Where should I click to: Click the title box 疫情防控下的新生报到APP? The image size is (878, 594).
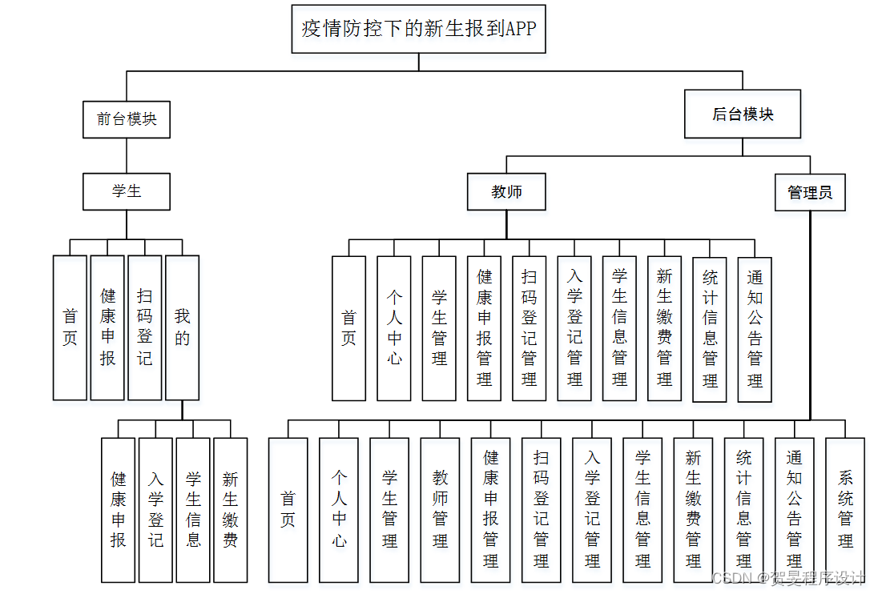[418, 29]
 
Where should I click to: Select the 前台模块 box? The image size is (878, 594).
[127, 119]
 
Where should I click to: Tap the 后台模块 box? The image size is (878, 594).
[743, 114]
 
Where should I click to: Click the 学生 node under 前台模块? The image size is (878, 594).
[127, 192]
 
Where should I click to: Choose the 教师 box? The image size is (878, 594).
[507, 192]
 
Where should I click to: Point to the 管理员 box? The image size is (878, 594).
[810, 193]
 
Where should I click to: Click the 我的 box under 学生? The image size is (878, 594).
[183, 327]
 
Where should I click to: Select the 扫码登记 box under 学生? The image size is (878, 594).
[145, 327]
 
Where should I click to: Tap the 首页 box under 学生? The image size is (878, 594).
[70, 327]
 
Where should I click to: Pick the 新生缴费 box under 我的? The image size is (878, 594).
[231, 510]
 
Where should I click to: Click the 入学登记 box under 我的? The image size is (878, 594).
[155, 510]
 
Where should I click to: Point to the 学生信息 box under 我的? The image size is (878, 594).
[193, 510]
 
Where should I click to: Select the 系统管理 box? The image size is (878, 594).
[845, 510]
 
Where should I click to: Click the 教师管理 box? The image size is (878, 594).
[440, 510]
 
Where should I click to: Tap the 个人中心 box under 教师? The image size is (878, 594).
[394, 328]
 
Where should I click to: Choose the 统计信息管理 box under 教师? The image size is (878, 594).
[710, 328]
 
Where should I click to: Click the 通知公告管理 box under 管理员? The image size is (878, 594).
[794, 510]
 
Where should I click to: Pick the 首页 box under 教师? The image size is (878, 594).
[348, 328]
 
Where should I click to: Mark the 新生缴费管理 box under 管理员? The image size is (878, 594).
[693, 510]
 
